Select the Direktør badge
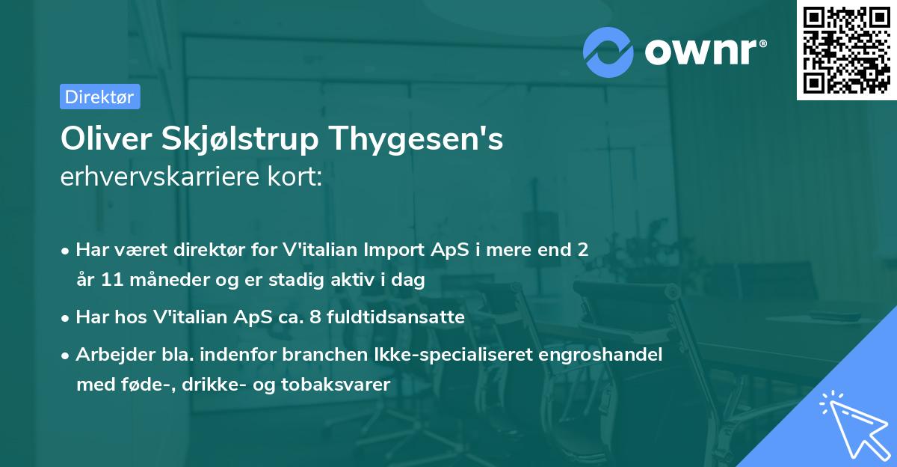pos(99,97)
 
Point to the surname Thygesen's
pos(419,138)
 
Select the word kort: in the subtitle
pos(299,177)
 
